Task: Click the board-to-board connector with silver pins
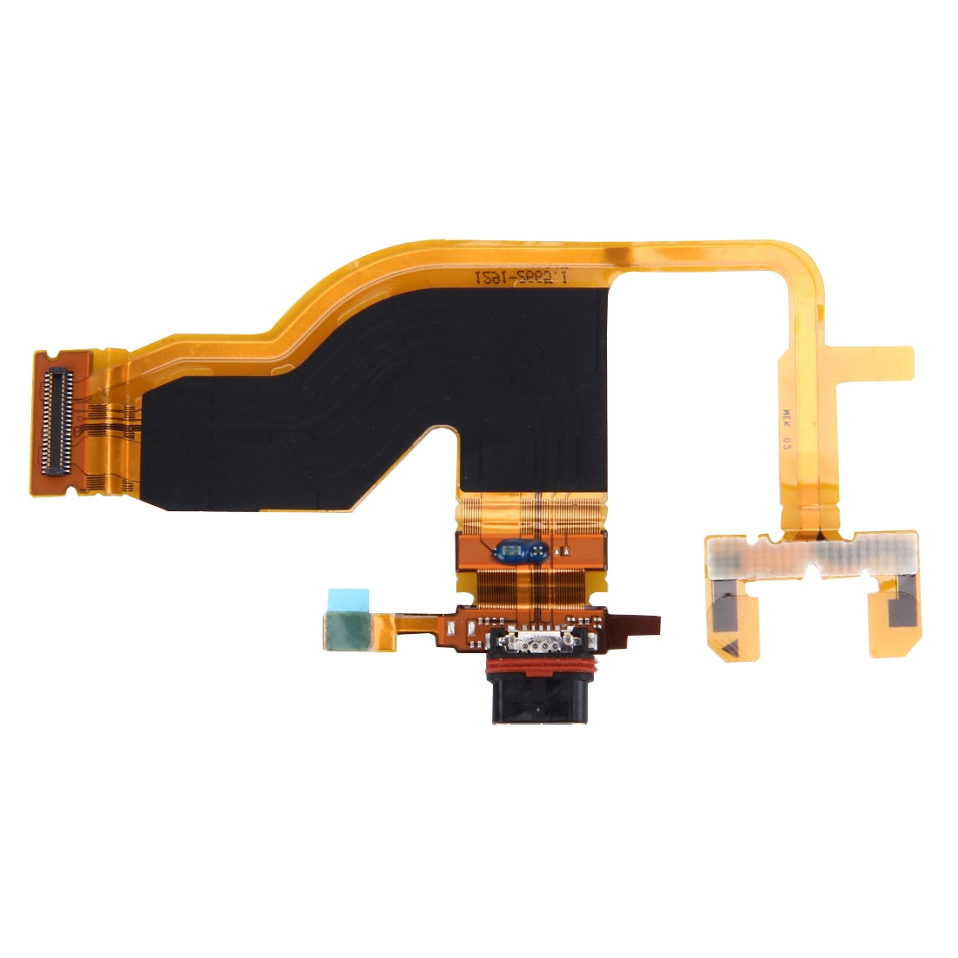point(57,421)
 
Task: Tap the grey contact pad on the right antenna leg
point(901,610)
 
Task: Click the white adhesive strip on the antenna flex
point(810,555)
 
